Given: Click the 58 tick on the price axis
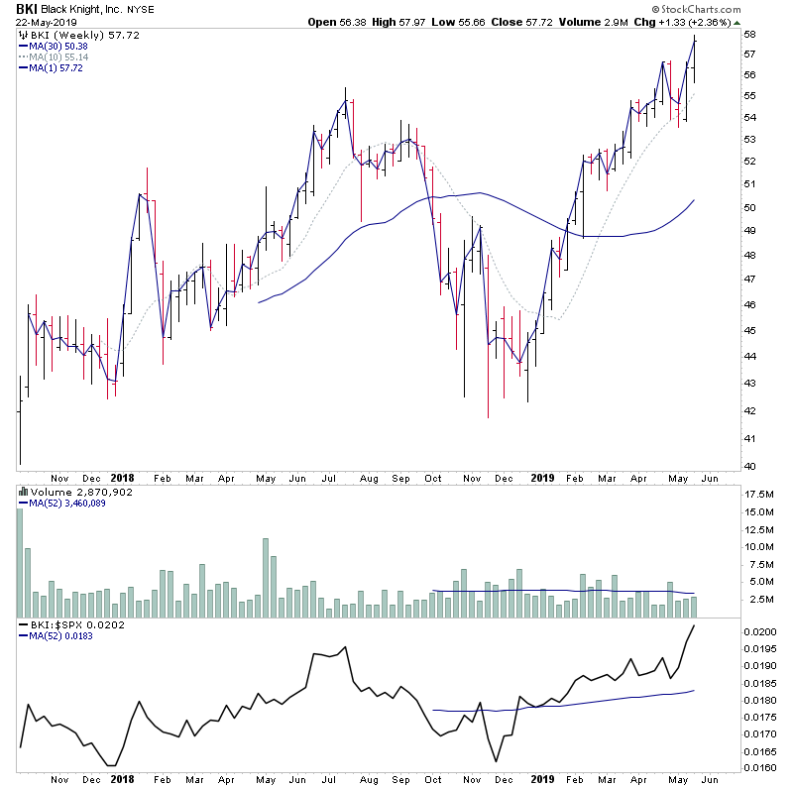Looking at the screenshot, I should point(750,35).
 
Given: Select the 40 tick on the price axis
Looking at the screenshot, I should point(750,467).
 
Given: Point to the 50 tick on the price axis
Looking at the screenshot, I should point(750,208).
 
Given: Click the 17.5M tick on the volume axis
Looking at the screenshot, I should point(758,494).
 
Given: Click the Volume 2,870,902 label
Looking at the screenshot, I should point(67,492).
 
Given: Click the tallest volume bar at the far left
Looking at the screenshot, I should point(19,555).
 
